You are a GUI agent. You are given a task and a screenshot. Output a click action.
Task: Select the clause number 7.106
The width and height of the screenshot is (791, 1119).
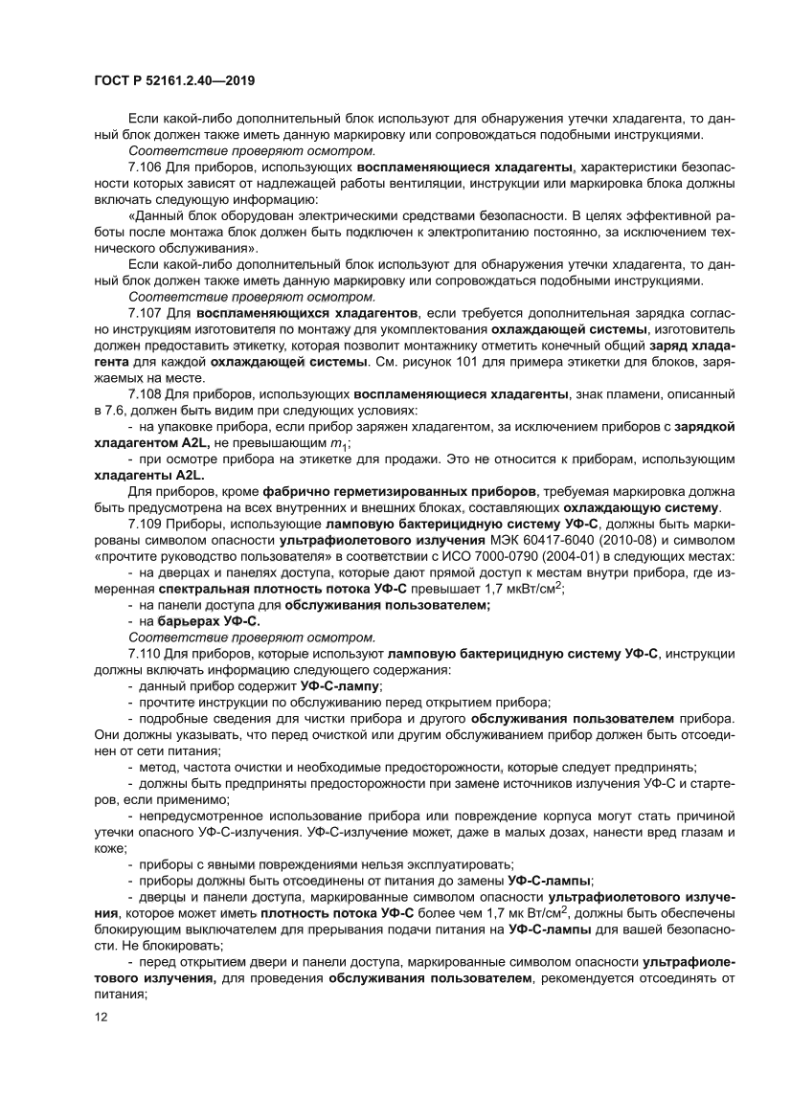(x=145, y=167)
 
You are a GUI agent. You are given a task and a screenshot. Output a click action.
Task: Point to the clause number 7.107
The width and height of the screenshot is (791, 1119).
(x=145, y=312)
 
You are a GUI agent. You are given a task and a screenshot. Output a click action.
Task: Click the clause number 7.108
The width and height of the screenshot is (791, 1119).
(x=145, y=393)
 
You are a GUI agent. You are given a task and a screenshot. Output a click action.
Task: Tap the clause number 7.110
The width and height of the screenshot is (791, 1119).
(x=145, y=653)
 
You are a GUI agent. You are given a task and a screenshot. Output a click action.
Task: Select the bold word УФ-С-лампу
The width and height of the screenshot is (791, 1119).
(x=340, y=685)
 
